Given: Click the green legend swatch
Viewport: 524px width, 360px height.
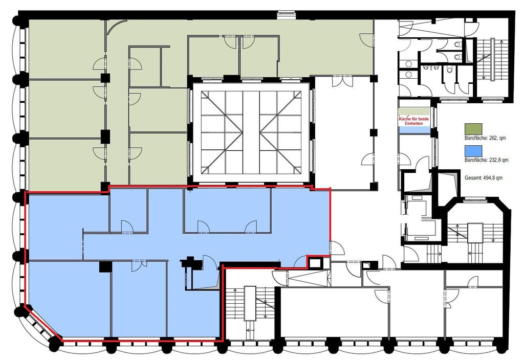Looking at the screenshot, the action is (473, 128).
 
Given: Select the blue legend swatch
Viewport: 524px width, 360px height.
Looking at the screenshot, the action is (473, 151).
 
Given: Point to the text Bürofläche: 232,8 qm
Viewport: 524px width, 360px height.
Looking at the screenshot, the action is (487, 160).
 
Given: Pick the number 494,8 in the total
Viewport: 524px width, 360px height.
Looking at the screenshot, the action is (489, 177).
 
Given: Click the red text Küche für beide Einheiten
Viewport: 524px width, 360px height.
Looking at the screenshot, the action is (413, 121).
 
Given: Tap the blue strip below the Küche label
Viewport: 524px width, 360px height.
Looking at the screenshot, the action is (414, 129).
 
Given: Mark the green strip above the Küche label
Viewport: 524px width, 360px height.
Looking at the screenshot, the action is (414, 112).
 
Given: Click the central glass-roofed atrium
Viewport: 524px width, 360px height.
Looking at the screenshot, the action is (251, 132).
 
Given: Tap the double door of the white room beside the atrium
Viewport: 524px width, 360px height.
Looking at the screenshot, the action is (342, 81).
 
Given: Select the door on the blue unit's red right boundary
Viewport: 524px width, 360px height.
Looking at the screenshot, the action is (337, 249).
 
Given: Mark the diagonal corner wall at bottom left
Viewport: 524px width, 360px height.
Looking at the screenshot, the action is (43, 323).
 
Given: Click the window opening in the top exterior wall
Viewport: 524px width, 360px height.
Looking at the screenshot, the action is (287, 15).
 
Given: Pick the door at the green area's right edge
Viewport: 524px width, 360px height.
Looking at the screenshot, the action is (366, 40).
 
